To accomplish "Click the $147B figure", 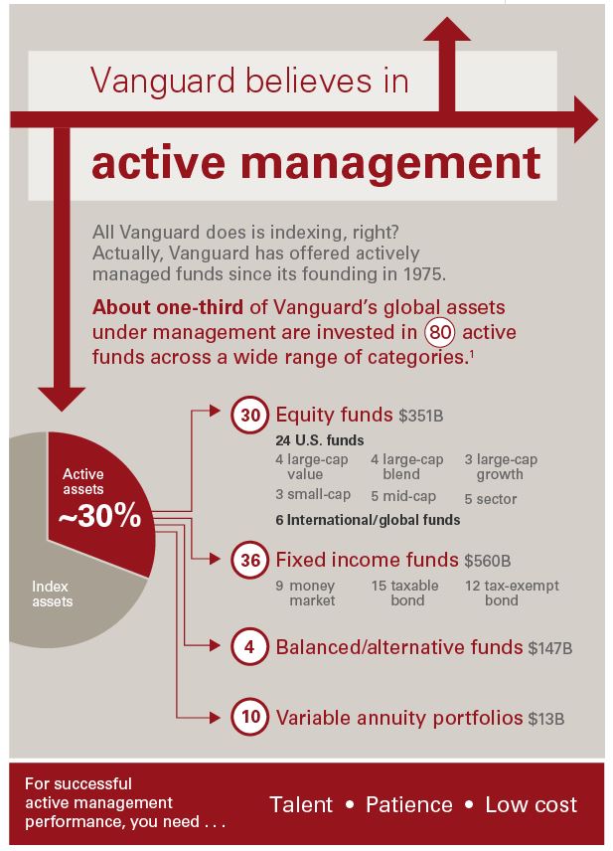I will pos(550,649).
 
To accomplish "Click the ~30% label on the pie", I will pos(100,517).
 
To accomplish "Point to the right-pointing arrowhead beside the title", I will pos(586,121).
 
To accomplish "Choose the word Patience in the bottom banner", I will pos(408,804).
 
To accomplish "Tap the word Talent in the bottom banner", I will pos(301,804).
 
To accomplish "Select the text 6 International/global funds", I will pos(368,519).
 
